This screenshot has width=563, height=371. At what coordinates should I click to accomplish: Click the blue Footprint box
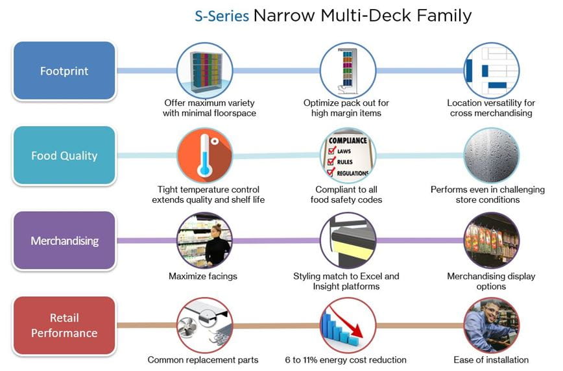click(x=64, y=71)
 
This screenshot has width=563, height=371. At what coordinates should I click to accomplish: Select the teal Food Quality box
click(x=64, y=155)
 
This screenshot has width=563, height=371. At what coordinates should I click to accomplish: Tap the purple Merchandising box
click(x=64, y=240)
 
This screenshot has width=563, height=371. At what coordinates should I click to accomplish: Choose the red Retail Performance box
click(x=64, y=326)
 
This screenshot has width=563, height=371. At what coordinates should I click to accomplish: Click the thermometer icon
click(x=205, y=155)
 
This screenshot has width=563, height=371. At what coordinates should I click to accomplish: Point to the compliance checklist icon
click(x=348, y=155)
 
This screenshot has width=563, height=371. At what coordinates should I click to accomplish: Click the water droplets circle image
click(x=491, y=155)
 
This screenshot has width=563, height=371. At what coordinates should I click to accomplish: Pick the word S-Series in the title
click(x=222, y=16)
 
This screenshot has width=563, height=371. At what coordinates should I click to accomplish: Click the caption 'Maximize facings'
click(x=203, y=276)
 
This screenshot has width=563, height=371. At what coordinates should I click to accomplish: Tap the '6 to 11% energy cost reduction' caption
click(x=346, y=360)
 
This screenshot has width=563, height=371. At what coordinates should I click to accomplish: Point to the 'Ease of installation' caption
click(x=491, y=360)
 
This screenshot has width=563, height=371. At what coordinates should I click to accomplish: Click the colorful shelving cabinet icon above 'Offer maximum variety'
click(x=205, y=71)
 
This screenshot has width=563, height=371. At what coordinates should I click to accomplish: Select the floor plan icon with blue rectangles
click(x=491, y=71)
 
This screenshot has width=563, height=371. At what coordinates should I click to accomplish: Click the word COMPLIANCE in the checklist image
click(x=348, y=140)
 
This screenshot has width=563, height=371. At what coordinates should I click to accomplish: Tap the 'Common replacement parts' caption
click(x=203, y=360)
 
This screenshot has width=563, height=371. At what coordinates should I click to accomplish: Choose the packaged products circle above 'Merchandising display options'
click(x=491, y=240)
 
